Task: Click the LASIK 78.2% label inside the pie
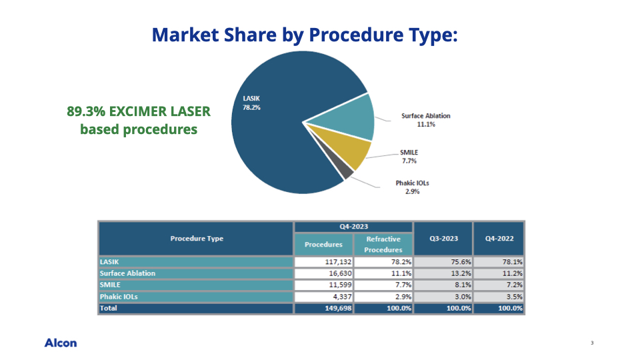(x=251, y=103)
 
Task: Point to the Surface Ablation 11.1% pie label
(x=426, y=120)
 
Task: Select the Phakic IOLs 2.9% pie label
(x=412, y=187)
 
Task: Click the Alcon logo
(x=61, y=343)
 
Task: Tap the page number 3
(x=592, y=343)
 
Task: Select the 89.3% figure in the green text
(x=86, y=111)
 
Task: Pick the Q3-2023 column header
(x=444, y=239)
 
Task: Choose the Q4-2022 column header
(x=499, y=239)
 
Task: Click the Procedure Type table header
(x=197, y=239)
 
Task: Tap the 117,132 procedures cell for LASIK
(x=339, y=261)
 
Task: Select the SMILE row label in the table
(x=110, y=285)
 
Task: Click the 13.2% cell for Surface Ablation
(x=461, y=273)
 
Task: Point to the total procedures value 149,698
(x=339, y=308)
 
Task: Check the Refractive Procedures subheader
(x=383, y=244)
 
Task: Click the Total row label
(x=109, y=308)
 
